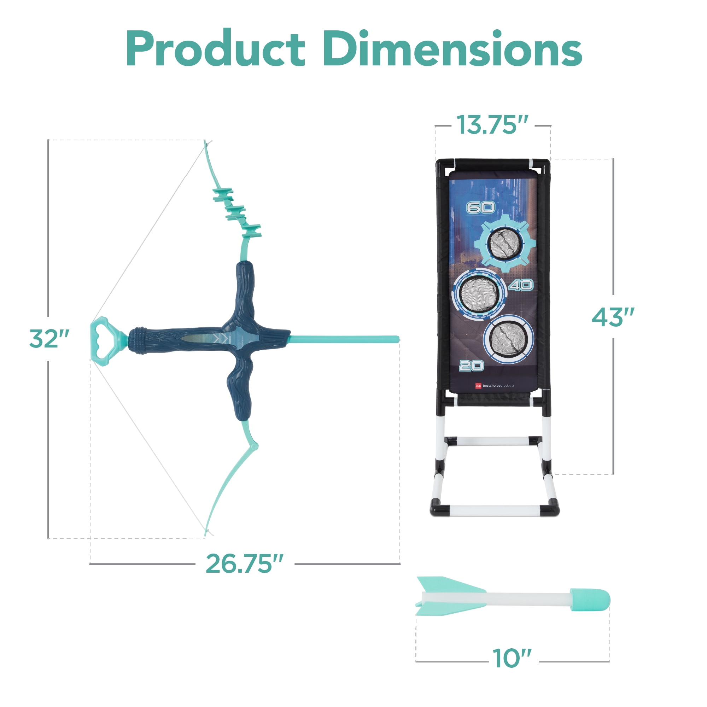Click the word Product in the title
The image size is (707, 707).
pos(216,48)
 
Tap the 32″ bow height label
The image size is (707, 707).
pos(49,339)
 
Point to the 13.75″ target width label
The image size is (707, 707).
pos(492,125)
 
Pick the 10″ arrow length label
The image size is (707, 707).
pos(512,658)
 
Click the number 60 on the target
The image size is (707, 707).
pos(480,208)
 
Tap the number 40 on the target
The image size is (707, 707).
pos(521,285)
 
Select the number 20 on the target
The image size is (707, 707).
pos(471,366)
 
